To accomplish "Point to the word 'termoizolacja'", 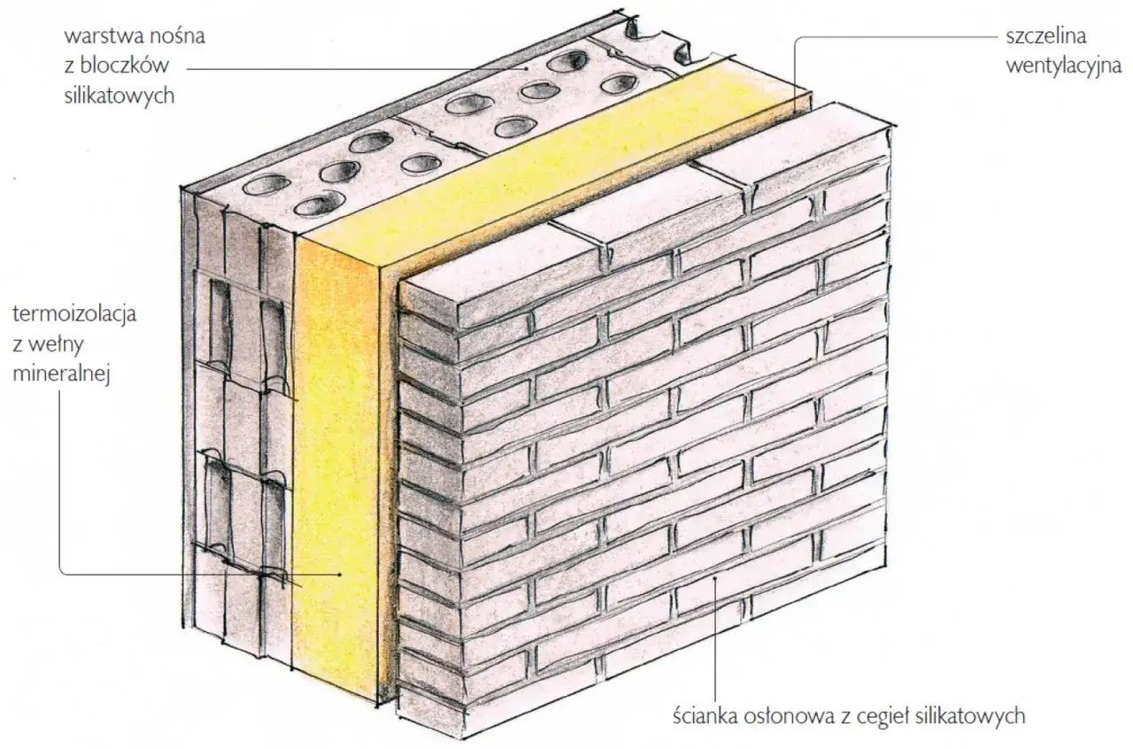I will [x=74, y=315].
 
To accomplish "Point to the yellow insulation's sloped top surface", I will [x=566, y=168].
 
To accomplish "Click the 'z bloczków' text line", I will [x=133, y=68].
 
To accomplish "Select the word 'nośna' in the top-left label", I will [x=187, y=39].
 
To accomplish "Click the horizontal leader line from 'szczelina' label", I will [x=894, y=38].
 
